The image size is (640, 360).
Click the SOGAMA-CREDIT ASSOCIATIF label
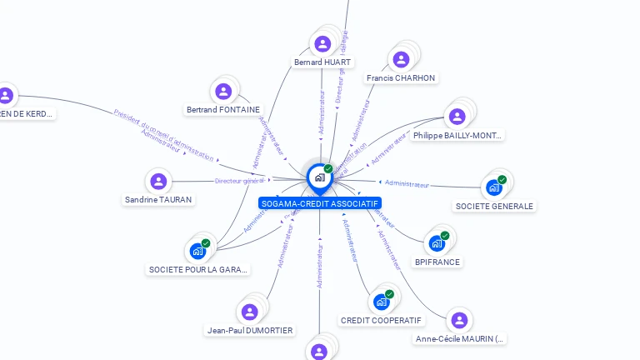320,203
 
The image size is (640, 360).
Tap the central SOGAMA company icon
319,177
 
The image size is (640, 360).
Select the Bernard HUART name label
323,62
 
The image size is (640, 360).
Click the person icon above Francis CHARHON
401,59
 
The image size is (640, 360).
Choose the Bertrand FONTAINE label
223,109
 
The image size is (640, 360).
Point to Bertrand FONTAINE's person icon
222,91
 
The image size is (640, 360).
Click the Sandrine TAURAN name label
158,200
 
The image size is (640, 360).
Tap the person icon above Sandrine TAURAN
157,180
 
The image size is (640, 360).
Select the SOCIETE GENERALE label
494,206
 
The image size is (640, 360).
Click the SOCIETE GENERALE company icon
494,187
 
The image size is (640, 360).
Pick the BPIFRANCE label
437,262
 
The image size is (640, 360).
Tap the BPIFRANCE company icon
437,243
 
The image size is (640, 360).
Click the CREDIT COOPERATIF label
382,320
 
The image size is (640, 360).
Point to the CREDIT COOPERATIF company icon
382,302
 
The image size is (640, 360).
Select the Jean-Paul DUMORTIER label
250,330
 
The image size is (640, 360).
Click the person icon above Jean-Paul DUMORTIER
249,312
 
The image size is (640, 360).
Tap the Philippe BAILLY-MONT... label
457,135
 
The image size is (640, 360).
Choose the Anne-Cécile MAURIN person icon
459,320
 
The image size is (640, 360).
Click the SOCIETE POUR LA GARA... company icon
197,251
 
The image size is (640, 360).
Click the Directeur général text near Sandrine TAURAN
239,181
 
